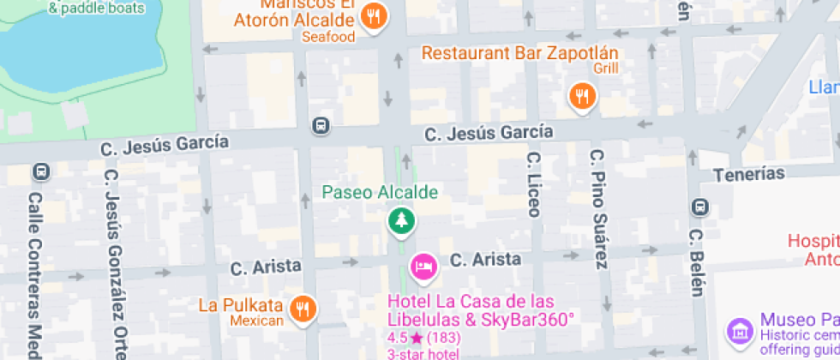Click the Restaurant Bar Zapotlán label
[x=519, y=53]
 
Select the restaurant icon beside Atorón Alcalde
[x=373, y=16]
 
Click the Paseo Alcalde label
[x=380, y=192]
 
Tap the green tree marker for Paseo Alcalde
[x=400, y=221]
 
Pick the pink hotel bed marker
[x=423, y=267]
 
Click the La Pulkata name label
[x=241, y=305]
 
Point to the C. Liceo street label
[x=533, y=185]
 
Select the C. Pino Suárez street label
[x=597, y=210]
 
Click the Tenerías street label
[x=748, y=174]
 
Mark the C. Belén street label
[x=699, y=262]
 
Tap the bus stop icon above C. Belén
[x=700, y=207]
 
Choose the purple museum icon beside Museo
[x=738, y=330]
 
